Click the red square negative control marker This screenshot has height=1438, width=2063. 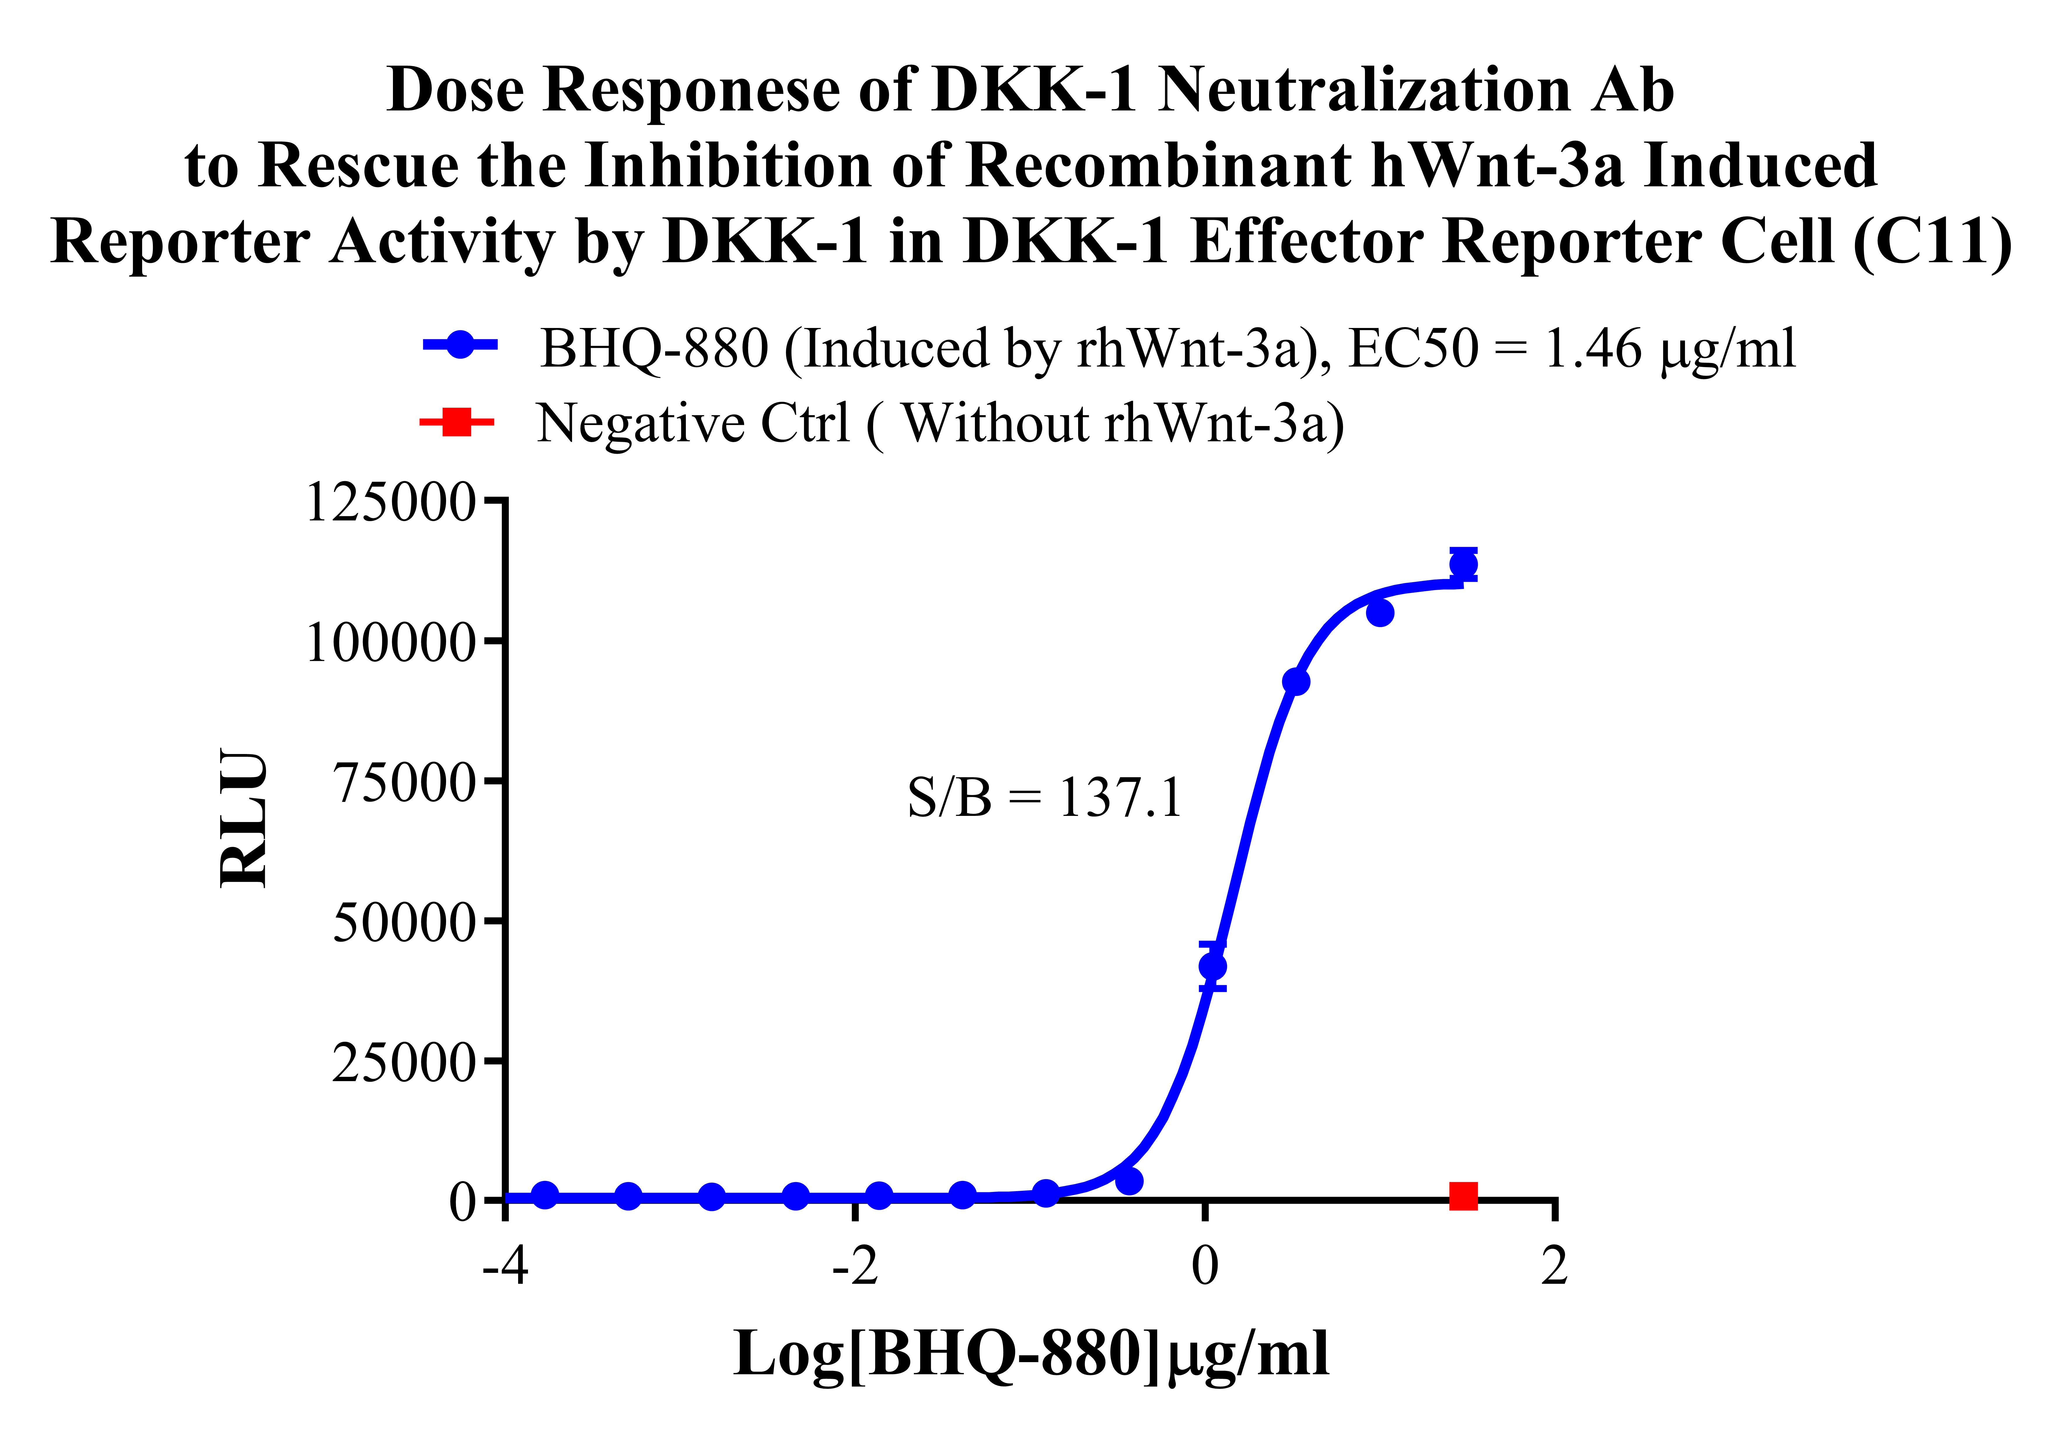[x=1463, y=1195]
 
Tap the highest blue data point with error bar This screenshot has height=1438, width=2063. [x=1463, y=564]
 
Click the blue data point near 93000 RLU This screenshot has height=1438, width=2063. [x=1296, y=681]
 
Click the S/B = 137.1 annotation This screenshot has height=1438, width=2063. [x=1044, y=796]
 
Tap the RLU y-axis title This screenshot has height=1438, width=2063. [x=244, y=818]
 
